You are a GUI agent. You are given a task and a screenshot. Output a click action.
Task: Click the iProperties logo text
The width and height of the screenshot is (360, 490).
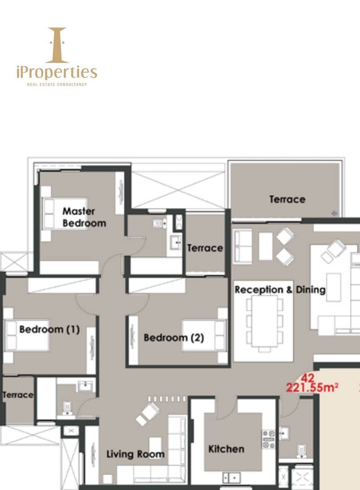tap(57, 72)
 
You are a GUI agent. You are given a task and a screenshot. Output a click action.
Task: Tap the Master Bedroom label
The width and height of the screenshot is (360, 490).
tap(84, 217)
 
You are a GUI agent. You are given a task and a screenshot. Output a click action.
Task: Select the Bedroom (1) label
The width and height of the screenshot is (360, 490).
tap(49, 329)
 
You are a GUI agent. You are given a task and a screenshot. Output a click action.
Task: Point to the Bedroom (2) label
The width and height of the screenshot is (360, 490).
tap(174, 338)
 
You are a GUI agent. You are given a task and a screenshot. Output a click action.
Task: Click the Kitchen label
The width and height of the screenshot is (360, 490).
tap(226, 449)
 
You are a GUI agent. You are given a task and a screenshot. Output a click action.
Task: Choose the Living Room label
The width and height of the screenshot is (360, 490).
tap(135, 454)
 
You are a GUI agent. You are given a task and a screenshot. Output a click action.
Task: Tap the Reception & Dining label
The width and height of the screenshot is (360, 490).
tap(280, 290)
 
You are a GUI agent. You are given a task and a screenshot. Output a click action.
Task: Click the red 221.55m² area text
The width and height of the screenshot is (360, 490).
tap(312, 387)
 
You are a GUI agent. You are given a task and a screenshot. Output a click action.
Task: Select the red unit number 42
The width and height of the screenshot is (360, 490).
tap(307, 378)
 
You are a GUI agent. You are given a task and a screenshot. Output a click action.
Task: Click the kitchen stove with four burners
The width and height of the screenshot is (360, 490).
tap(269, 440)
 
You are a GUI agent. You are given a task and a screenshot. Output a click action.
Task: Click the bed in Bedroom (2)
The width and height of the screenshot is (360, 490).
tap(205, 335)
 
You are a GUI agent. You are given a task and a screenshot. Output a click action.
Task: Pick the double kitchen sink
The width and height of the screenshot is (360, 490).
tap(231, 477)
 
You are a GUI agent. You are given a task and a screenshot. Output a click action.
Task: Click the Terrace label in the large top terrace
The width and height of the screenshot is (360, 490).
tap(287, 200)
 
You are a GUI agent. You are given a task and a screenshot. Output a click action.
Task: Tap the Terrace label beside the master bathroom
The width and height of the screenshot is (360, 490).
tap(205, 248)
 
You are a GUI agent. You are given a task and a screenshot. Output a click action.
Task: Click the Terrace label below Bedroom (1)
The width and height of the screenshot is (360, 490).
tap(18, 395)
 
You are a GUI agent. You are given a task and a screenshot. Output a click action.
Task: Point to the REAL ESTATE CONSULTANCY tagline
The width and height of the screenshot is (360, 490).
tap(57, 84)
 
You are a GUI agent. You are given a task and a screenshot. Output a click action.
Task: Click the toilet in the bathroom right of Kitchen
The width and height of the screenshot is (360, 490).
tap(301, 451)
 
